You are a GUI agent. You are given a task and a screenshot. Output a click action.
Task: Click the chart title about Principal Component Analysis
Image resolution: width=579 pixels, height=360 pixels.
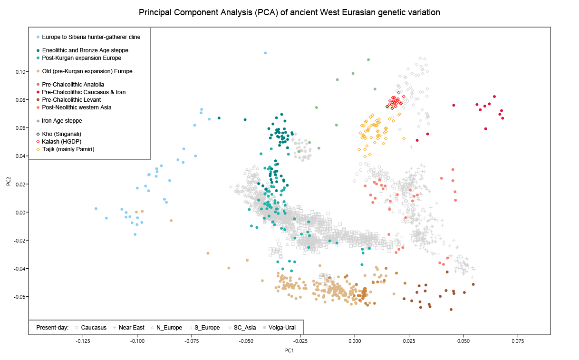(289, 12)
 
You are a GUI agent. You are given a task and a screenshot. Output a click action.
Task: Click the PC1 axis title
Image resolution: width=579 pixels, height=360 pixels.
(289, 350)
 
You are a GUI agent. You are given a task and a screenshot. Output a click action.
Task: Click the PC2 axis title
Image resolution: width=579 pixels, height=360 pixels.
(9, 181)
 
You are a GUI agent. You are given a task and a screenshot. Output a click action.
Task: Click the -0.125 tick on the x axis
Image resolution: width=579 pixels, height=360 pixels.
(83, 341)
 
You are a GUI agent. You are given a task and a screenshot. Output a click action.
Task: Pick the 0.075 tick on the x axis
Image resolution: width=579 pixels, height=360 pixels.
(518, 341)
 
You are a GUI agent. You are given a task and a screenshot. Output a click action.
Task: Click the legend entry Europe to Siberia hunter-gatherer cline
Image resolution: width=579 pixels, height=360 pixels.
(91, 37)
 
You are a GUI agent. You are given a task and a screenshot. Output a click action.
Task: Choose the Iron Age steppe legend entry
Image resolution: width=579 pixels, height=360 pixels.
(62, 121)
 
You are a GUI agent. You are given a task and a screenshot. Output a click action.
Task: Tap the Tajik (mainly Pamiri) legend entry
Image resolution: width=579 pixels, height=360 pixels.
(68, 149)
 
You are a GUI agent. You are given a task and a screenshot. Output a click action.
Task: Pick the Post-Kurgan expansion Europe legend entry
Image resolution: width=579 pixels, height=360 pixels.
(81, 58)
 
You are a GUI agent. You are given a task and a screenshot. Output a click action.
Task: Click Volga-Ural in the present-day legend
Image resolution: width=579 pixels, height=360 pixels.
(281, 327)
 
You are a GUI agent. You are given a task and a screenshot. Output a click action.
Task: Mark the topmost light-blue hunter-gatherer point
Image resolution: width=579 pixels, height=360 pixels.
(265, 53)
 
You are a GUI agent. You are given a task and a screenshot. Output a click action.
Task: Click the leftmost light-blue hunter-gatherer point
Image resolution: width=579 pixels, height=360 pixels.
(96, 208)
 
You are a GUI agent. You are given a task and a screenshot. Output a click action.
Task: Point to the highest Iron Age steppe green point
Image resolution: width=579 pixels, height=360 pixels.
(368, 59)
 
